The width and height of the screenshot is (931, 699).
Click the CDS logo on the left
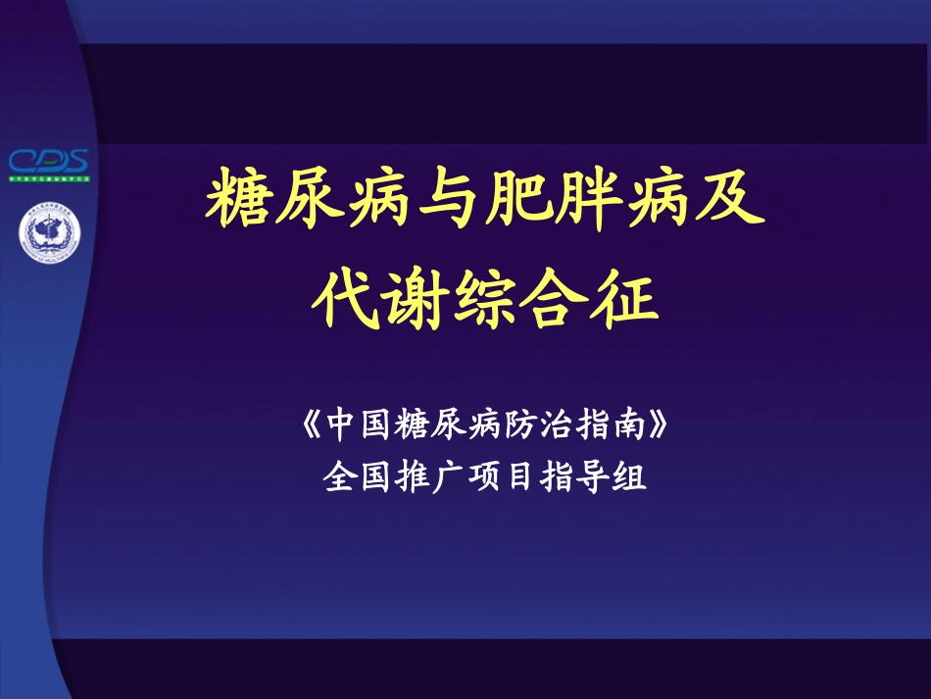(49, 163)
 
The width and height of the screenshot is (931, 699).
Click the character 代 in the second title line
(340, 299)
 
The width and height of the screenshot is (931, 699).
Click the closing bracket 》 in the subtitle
(660, 427)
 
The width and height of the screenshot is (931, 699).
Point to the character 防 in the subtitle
(522, 427)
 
